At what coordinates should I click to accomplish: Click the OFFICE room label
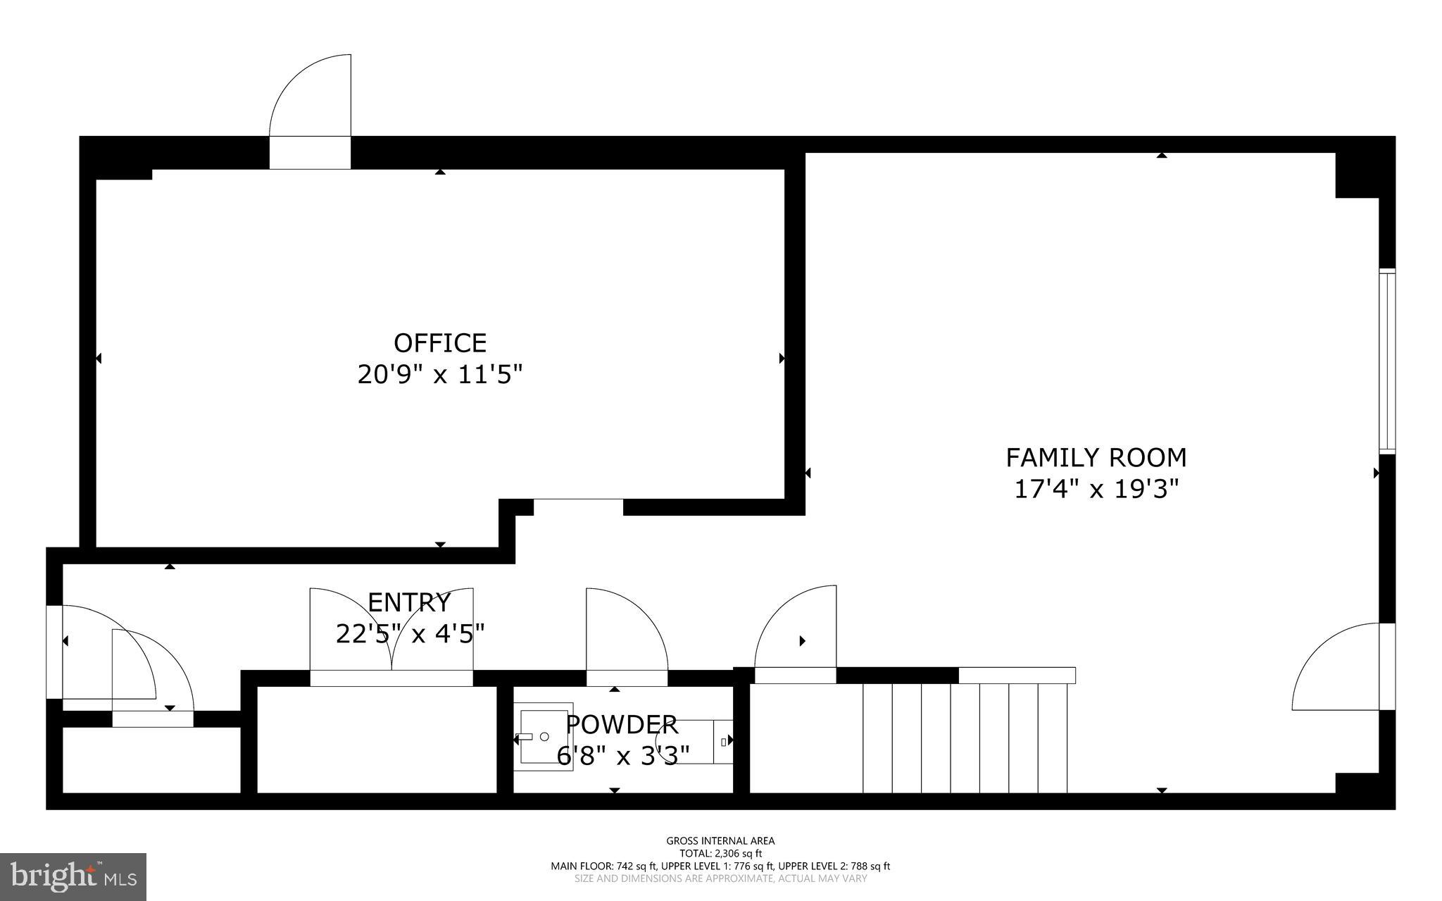pyautogui.click(x=440, y=343)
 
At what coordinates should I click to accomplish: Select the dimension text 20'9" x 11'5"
pyautogui.click(x=440, y=374)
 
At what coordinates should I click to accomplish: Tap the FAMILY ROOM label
pyautogui.click(x=1096, y=458)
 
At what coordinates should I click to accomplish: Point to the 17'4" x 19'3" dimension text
pyautogui.click(x=1096, y=488)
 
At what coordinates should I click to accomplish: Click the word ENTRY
pyautogui.click(x=409, y=603)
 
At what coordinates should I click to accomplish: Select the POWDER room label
pyautogui.click(x=622, y=724)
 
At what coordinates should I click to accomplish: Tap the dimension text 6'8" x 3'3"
pyautogui.click(x=622, y=755)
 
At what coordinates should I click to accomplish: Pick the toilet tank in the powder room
pyautogui.click(x=723, y=741)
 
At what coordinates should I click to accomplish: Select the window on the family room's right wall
pyautogui.click(x=1386, y=361)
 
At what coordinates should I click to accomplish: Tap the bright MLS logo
pyautogui.click(x=73, y=876)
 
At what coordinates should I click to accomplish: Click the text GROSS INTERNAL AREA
pyautogui.click(x=720, y=840)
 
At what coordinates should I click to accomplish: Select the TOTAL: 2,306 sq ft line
pyautogui.click(x=720, y=853)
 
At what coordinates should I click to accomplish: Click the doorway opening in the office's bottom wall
pyautogui.click(x=578, y=506)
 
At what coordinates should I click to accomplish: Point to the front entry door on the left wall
pyautogui.click(x=55, y=652)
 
